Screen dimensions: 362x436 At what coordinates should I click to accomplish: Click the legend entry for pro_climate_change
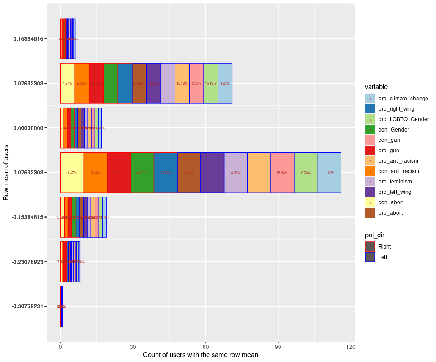click(403, 98)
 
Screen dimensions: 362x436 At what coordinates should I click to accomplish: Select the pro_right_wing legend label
click(396, 108)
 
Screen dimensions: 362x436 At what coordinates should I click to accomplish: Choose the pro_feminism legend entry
click(395, 182)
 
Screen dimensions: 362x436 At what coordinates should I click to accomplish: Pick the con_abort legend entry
click(391, 202)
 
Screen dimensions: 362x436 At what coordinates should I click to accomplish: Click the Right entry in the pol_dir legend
click(384, 246)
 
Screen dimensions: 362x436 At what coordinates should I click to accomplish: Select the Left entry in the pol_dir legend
click(383, 257)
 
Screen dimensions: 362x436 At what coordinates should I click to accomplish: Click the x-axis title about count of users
click(200, 355)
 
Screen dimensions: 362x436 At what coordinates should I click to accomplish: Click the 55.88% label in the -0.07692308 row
click(283, 173)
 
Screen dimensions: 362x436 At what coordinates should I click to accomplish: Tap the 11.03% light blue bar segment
click(329, 173)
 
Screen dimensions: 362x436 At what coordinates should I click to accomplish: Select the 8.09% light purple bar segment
click(236, 173)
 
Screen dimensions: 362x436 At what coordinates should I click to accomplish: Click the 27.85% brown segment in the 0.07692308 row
click(139, 83)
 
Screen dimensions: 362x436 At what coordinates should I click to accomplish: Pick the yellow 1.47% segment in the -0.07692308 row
click(72, 173)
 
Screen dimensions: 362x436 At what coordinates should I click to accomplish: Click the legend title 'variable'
click(376, 87)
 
